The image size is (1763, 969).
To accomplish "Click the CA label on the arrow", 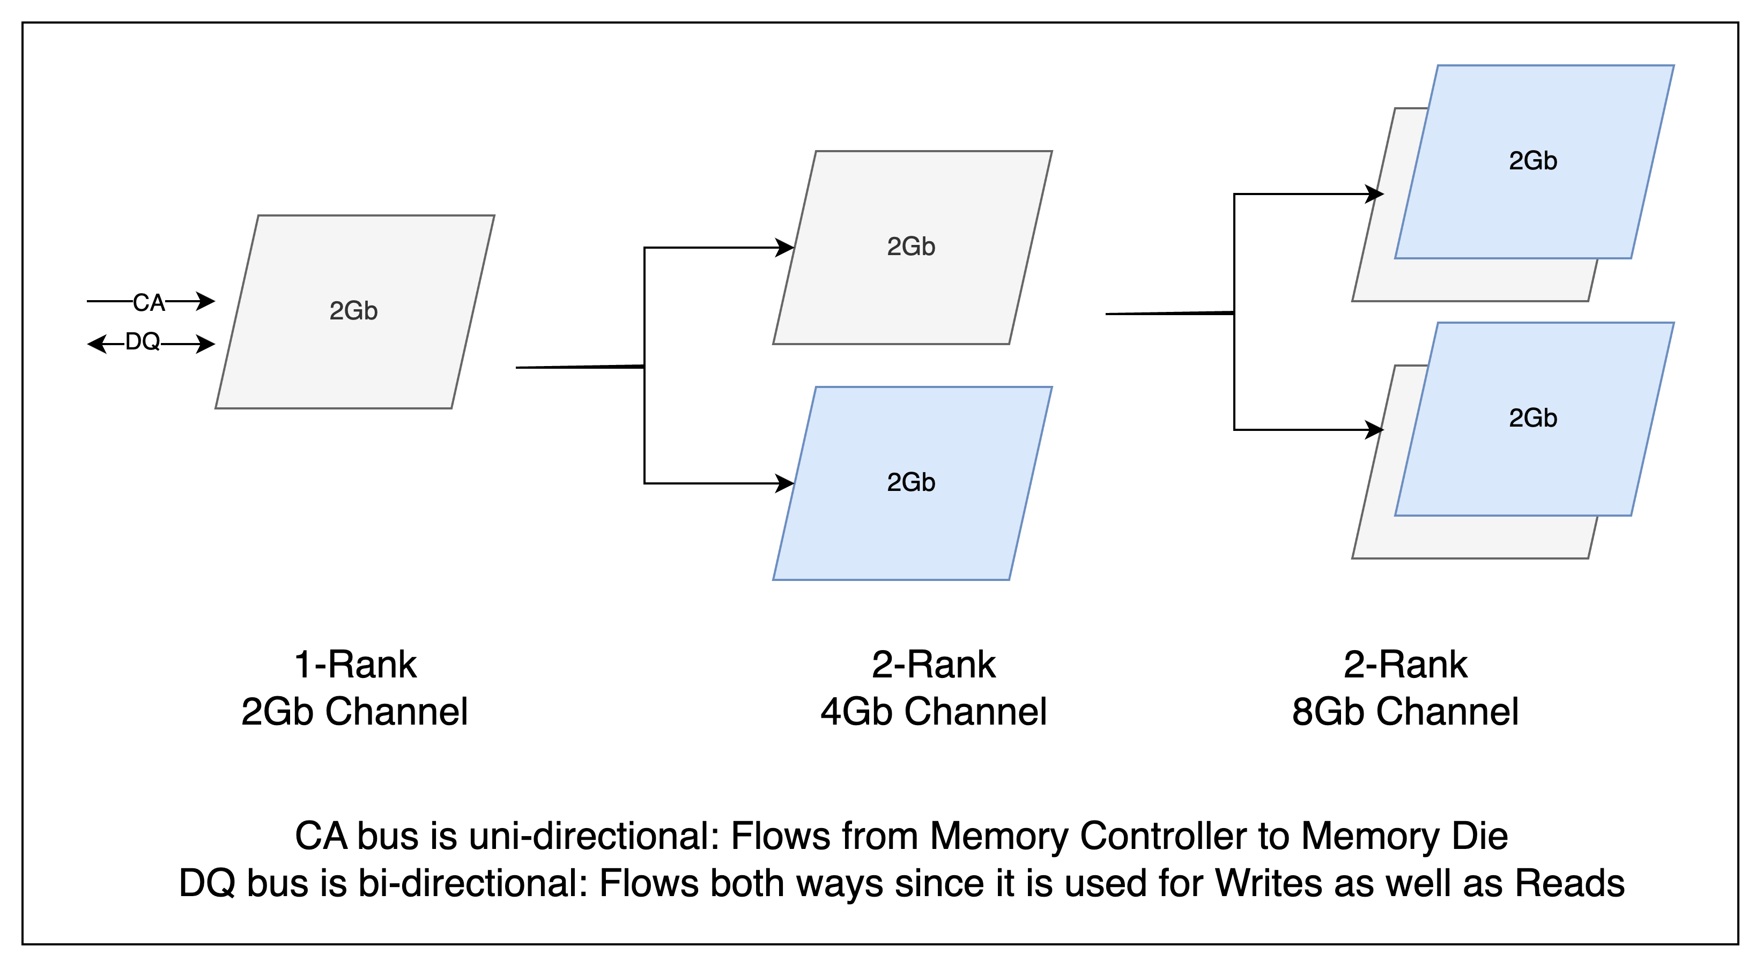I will pyautogui.click(x=149, y=302).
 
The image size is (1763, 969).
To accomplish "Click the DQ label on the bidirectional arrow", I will pyautogui.click(x=142, y=341).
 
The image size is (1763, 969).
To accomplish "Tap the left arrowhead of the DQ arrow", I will pyautogui.click(x=96, y=344).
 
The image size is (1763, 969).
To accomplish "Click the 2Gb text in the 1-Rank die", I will pyautogui.click(x=353, y=311).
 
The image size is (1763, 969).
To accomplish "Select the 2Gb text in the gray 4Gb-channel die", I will pyautogui.click(x=910, y=247).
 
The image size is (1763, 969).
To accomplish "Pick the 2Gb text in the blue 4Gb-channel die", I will pyautogui.click(x=910, y=482).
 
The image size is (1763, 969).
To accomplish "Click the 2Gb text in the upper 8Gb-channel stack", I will pyautogui.click(x=1532, y=161).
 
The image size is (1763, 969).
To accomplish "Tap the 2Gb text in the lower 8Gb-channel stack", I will pyautogui.click(x=1532, y=418).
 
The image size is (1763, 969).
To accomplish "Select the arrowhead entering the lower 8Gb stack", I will pyautogui.click(x=1375, y=430).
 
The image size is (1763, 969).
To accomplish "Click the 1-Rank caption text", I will pyautogui.click(x=354, y=665).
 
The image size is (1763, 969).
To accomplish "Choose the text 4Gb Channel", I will pyautogui.click(x=933, y=712).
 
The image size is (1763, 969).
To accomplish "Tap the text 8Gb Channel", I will pyautogui.click(x=1404, y=712).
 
